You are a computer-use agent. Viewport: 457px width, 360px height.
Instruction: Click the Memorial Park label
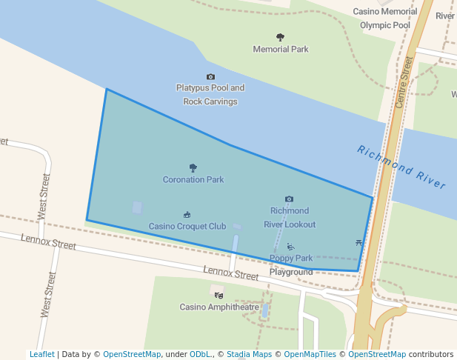[x=281, y=50]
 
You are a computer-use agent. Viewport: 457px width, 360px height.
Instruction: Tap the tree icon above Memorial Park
[x=280, y=37]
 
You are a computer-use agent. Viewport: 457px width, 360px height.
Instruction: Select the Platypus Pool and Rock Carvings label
[x=210, y=94]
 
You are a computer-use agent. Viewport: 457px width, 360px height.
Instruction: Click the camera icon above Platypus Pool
[x=210, y=77]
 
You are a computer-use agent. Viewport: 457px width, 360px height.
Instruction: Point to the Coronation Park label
[x=193, y=180]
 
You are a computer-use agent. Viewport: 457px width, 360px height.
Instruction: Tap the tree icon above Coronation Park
[x=193, y=168]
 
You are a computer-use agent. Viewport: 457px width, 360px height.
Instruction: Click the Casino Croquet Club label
[x=187, y=227]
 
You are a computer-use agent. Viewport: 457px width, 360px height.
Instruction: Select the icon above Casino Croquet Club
[x=187, y=215]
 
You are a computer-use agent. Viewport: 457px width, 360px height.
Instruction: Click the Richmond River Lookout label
[x=290, y=218]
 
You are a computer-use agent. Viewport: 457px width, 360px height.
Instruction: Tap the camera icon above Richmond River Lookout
[x=289, y=199]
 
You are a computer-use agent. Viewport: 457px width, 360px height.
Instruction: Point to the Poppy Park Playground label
[x=291, y=265]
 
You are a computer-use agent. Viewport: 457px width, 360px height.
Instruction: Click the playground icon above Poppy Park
[x=290, y=247]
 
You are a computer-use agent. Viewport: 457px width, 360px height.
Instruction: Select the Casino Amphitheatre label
[x=220, y=307]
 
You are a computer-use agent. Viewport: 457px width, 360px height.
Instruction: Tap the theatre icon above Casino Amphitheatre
[x=218, y=294]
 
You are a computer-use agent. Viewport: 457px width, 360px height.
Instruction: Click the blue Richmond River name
[x=401, y=167]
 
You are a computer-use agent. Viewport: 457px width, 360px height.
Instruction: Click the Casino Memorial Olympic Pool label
[x=385, y=18]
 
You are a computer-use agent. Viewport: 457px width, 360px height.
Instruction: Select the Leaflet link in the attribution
[x=42, y=355]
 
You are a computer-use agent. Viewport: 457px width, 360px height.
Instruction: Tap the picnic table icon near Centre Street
[x=359, y=243]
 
